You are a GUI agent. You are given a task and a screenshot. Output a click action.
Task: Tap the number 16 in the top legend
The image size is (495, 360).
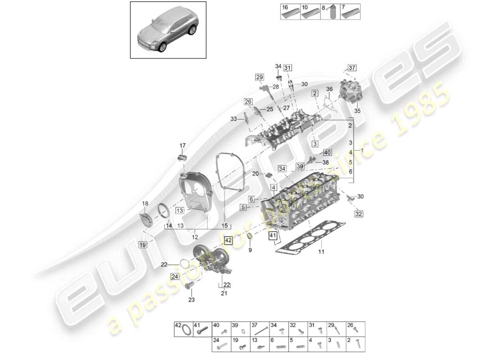(x=284, y=7)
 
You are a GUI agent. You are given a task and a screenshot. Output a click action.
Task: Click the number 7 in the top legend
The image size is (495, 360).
(x=343, y=7)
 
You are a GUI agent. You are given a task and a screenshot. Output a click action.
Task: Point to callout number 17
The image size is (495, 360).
(x=183, y=145)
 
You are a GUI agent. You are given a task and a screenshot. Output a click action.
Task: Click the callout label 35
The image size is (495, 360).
(x=358, y=111)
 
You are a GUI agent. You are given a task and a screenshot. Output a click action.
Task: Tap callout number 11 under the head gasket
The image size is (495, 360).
(x=321, y=252)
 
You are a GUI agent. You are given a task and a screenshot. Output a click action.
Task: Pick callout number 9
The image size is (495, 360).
(x=250, y=250)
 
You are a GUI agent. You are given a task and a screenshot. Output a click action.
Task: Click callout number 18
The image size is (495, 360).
(x=145, y=203)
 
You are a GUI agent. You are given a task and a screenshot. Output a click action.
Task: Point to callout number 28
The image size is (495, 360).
(x=276, y=86)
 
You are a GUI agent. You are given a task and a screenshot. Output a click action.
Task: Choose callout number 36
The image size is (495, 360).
(x=329, y=90)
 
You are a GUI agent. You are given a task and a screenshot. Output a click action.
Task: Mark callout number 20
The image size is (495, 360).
(x=256, y=174)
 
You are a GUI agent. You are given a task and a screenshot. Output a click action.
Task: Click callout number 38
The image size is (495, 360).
(x=325, y=162)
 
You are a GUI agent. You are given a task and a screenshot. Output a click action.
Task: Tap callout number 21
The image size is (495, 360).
(x=224, y=293)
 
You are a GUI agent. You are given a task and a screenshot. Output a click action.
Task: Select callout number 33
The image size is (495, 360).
(x=233, y=119)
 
